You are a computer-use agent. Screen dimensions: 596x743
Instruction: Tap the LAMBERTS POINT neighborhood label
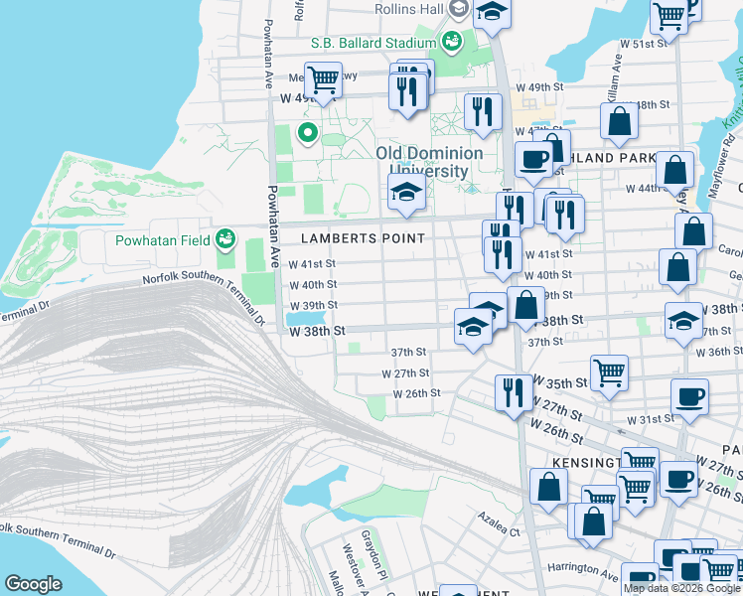(364, 238)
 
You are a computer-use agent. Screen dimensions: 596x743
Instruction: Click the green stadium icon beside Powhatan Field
(228, 238)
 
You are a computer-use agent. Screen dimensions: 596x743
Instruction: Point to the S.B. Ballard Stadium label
(372, 43)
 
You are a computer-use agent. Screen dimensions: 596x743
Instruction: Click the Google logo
(33, 584)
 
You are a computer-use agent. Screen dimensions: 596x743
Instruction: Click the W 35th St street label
(561, 382)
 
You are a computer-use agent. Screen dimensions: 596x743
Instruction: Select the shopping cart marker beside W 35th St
(609, 372)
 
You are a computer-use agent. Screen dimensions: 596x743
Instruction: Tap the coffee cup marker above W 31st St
(689, 396)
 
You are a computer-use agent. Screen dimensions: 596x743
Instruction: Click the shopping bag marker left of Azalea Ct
(548, 487)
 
